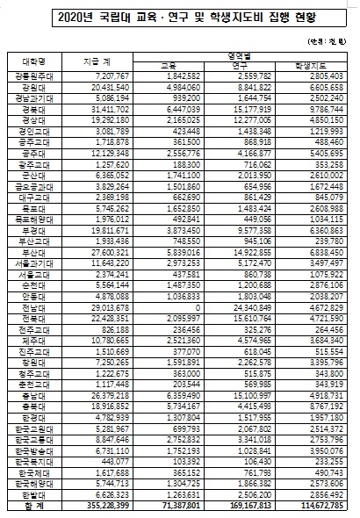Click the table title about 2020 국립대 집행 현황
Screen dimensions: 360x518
[x=181, y=18]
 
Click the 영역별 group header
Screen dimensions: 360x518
[x=250, y=56]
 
